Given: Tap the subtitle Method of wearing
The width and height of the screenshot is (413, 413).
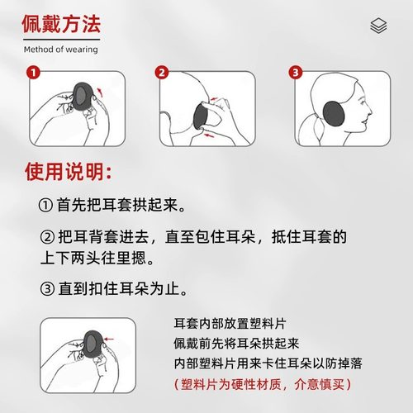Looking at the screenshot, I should click(60, 50).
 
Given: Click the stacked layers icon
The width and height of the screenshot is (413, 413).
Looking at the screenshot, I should click(378, 27).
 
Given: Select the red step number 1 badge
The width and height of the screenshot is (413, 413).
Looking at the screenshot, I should click(33, 74).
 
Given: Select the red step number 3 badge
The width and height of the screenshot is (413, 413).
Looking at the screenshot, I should click(295, 74).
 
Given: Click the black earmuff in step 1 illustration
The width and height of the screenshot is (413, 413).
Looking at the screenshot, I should click(83, 97).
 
